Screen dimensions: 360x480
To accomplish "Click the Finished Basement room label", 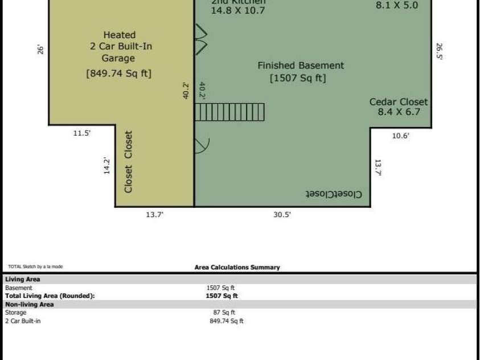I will click(x=301, y=66).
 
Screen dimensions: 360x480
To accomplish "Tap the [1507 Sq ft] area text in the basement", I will click(x=298, y=79).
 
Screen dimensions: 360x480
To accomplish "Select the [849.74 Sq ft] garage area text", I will click(x=118, y=73).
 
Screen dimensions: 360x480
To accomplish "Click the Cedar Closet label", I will click(x=399, y=102).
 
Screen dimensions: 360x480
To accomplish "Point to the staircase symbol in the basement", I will click(x=230, y=112).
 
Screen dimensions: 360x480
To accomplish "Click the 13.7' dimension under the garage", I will click(x=155, y=214).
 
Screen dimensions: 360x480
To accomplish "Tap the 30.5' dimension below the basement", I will click(x=280, y=214).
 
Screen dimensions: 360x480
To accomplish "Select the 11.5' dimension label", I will click(x=81, y=133).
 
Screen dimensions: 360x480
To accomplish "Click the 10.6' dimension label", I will click(x=400, y=136).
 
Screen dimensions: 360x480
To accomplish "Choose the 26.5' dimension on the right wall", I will click(x=439, y=51).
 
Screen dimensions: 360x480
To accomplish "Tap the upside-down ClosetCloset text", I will click(x=335, y=194).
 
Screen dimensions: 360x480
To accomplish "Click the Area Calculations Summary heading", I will click(x=237, y=267).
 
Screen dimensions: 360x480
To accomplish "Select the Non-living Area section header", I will click(x=30, y=305).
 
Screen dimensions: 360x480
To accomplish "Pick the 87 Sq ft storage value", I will click(x=224, y=312).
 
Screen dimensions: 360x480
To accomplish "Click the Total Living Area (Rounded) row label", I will click(x=50, y=296).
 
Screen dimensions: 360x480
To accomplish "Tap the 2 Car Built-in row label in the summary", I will click(x=23, y=321).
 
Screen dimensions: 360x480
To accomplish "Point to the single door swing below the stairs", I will click(x=202, y=146).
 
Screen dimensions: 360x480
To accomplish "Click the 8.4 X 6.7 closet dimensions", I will click(x=399, y=112).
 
